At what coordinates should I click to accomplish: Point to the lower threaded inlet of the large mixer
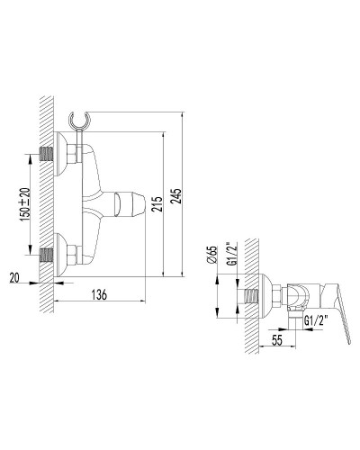(49, 255)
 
